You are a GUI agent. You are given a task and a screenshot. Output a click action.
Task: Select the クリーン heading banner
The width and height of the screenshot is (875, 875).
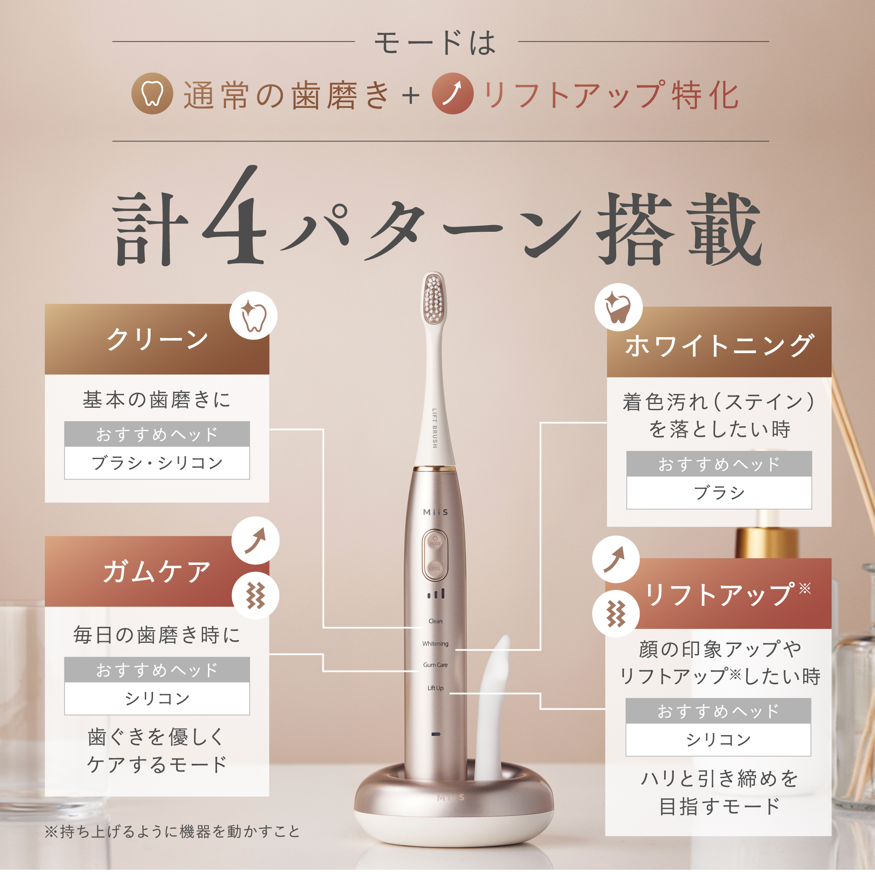tap(157, 339)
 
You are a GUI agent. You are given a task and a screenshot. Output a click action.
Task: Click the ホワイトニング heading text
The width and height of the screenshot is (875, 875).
tap(719, 345)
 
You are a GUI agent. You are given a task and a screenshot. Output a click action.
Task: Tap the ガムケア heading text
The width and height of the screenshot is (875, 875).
tap(157, 571)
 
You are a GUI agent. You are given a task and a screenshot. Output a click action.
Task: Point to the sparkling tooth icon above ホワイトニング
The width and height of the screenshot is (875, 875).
tap(618, 307)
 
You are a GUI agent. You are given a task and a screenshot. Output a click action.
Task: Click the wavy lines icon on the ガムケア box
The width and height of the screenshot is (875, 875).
tap(256, 595)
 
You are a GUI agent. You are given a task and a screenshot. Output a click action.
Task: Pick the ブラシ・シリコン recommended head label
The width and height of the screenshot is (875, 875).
tap(157, 463)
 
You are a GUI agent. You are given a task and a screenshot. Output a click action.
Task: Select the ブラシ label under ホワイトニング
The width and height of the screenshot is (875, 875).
tap(719, 493)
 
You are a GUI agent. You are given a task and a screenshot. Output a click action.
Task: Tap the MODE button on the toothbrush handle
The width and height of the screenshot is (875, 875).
tap(435, 543)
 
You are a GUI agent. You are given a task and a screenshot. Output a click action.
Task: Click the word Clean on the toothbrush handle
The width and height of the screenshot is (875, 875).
tap(435, 621)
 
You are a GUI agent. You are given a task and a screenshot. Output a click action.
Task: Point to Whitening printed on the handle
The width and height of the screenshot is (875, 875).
tap(435, 644)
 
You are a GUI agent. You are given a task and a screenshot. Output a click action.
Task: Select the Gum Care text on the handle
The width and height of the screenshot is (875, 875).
tap(435, 665)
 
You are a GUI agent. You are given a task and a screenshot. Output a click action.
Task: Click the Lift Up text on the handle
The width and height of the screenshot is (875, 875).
tap(435, 688)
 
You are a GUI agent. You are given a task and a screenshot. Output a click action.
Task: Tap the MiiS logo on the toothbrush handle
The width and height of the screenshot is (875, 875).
tap(435, 512)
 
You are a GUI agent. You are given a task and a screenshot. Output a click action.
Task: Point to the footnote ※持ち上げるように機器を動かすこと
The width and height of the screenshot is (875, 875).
tap(172, 832)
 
